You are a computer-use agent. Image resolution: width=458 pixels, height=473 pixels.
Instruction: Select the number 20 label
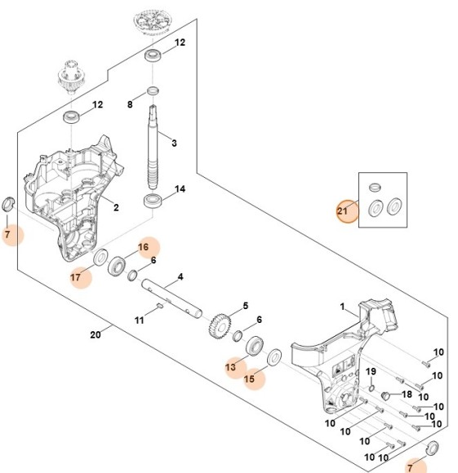click(95, 334)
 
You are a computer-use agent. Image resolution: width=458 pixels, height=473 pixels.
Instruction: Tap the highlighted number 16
click(143, 247)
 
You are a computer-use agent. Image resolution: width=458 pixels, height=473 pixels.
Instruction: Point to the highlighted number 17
click(76, 277)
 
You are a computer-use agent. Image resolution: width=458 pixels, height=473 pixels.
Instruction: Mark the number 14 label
click(180, 189)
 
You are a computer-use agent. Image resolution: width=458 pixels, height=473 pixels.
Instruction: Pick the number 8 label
click(129, 105)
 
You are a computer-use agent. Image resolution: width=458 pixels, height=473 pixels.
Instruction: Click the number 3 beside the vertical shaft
click(173, 144)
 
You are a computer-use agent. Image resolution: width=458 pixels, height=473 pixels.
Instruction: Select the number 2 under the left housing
click(116, 208)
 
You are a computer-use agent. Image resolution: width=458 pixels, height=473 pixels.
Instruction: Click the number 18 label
click(407, 394)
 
